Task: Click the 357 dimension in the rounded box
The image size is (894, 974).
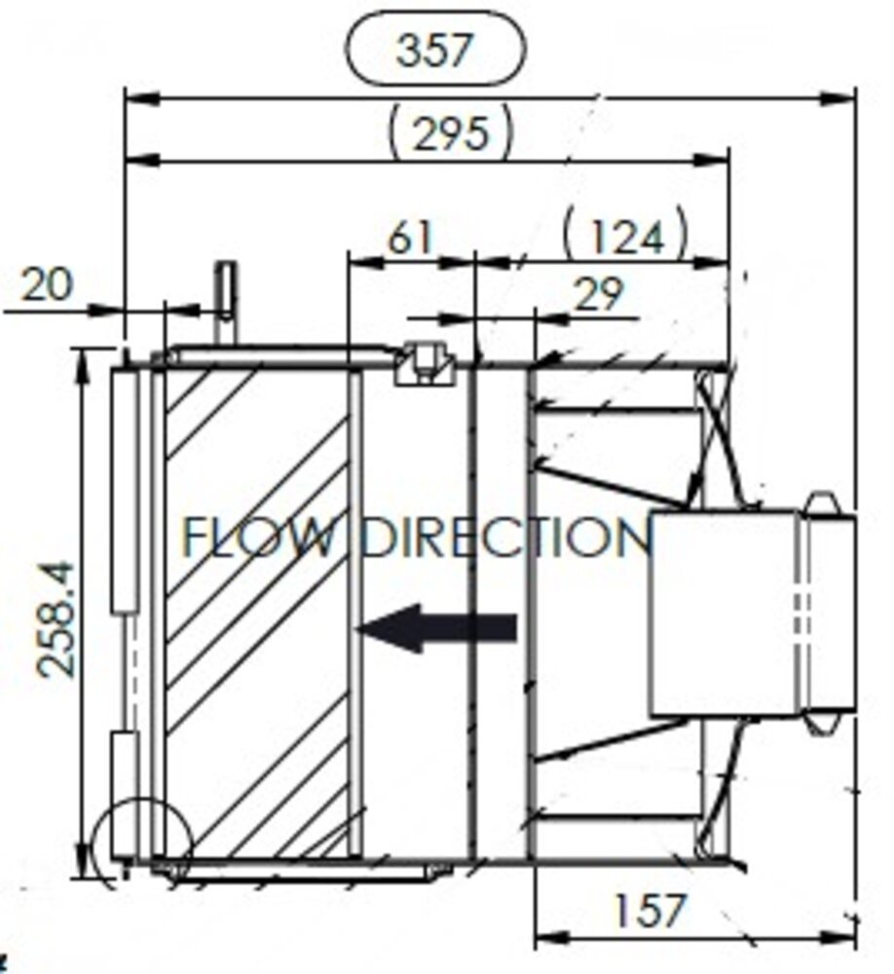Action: [434, 50]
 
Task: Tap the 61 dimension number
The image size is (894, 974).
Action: [409, 237]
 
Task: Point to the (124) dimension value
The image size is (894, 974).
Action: [625, 237]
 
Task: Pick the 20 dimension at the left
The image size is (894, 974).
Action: [47, 285]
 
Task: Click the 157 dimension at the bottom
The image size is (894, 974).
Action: [650, 912]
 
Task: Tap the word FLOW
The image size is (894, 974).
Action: [258, 539]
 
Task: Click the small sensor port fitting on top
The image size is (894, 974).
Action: [425, 363]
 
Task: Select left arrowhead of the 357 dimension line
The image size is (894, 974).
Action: [137, 97]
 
